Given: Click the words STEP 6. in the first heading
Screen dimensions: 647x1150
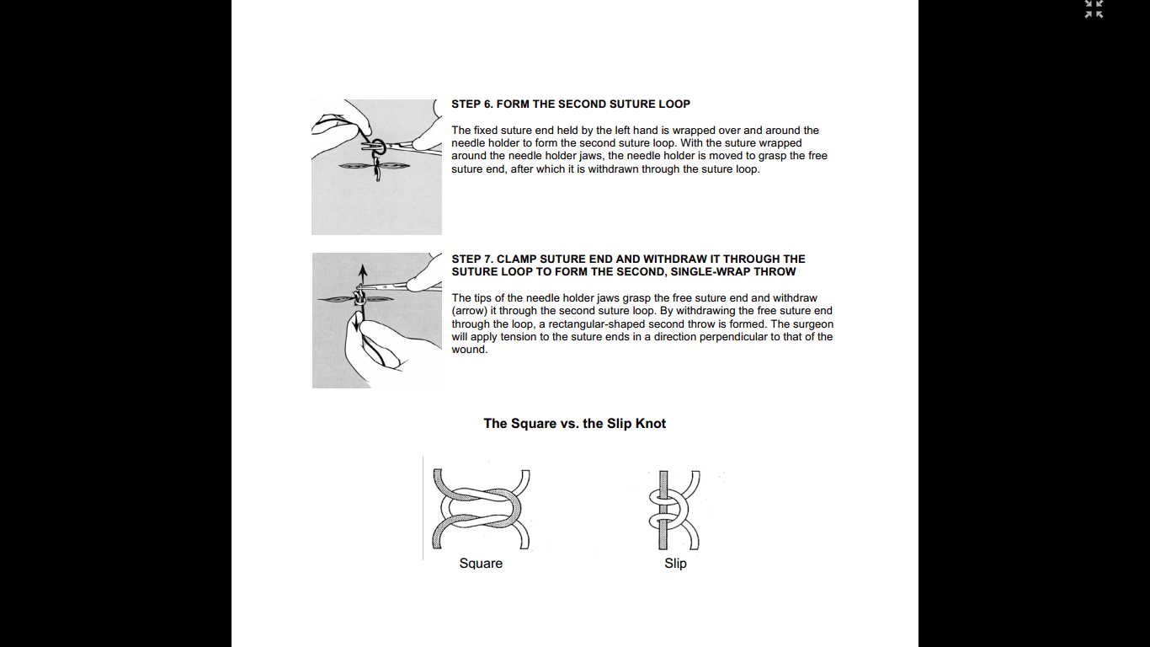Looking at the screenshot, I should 471,104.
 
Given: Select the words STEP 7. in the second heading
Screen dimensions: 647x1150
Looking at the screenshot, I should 471,259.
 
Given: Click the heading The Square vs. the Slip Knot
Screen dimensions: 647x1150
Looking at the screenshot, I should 574,424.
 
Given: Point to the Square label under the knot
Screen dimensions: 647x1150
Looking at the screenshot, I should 481,564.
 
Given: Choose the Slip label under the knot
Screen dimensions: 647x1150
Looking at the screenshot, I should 675,564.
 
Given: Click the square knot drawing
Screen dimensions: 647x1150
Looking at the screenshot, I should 481,510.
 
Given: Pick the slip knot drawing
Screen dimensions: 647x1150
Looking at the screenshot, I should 673,510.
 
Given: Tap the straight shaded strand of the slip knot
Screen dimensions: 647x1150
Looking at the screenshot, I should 663,489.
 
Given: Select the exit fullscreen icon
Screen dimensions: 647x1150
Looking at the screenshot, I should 1094,9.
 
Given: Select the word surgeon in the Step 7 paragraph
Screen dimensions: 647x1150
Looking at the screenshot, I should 813,324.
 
